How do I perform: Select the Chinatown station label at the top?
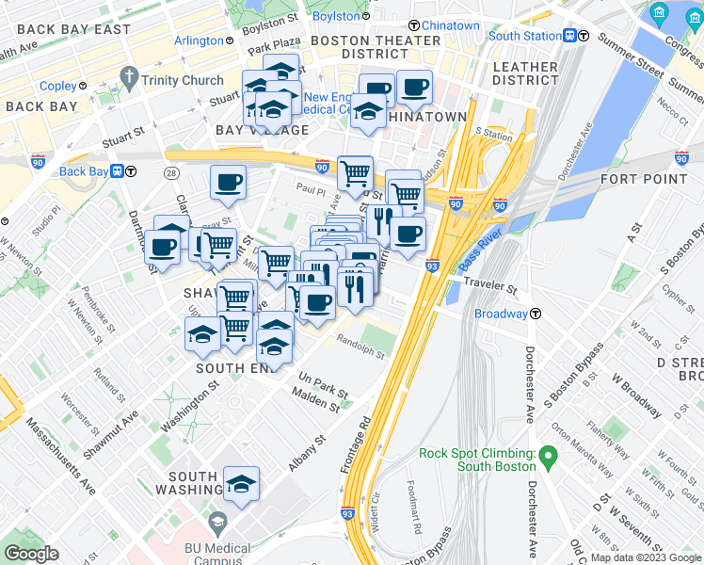450,24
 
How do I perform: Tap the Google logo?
32,554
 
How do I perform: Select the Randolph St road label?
360,347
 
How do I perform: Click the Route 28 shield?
171,173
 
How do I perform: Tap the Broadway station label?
501,314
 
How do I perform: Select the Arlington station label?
199,40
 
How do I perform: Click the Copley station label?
57,86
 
